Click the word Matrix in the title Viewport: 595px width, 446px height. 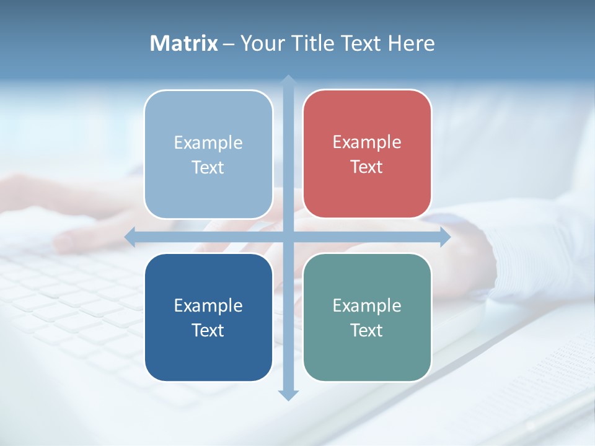183,43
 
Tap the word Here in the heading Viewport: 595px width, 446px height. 411,43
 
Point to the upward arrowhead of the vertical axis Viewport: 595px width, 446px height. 288,80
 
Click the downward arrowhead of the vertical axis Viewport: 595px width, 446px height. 288,395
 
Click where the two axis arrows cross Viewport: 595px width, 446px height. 288,237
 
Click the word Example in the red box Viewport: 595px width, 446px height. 367,142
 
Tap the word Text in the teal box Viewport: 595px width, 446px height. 367,331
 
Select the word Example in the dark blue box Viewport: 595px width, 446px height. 208,306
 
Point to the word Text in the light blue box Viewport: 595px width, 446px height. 208,168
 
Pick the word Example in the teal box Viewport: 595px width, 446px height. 367,306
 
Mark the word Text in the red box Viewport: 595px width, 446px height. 367,167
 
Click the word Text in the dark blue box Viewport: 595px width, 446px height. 208,331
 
